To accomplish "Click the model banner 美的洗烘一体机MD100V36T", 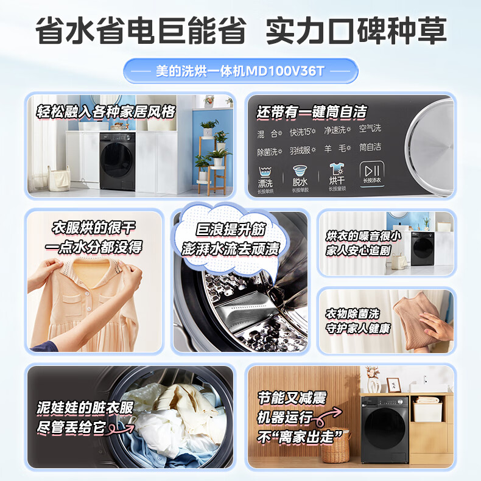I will pyautogui.click(x=240, y=71).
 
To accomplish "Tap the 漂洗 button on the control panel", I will pyautogui.click(x=265, y=177).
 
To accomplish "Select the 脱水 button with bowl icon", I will pyautogui.click(x=300, y=177).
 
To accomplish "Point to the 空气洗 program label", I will pyautogui.click(x=370, y=128).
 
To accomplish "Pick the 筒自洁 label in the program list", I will pyautogui.click(x=370, y=147).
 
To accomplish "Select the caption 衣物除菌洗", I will pyautogui.click(x=351, y=314).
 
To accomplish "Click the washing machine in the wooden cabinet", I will pyautogui.click(x=386, y=430).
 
